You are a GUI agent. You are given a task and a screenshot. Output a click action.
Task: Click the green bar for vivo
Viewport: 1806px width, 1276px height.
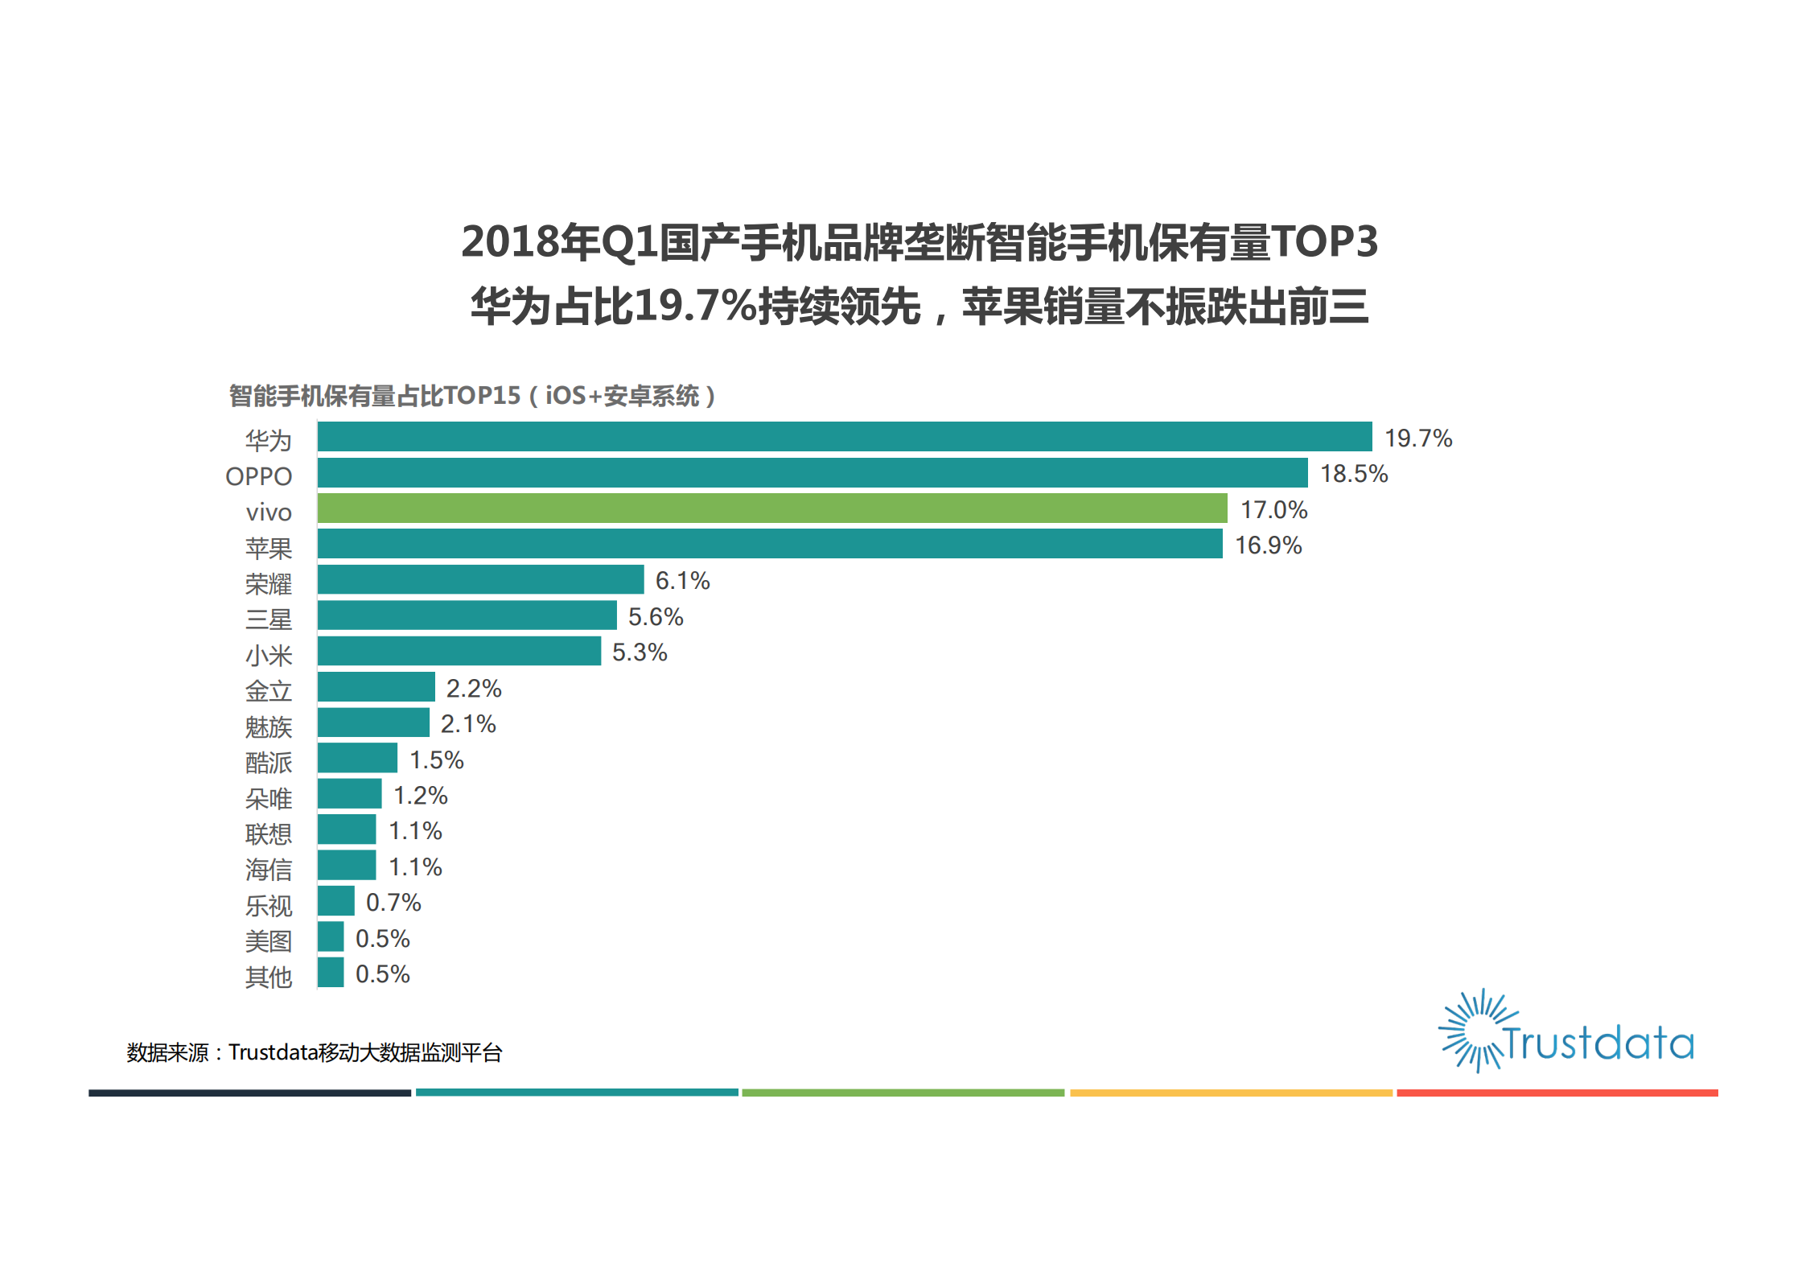tap(772, 508)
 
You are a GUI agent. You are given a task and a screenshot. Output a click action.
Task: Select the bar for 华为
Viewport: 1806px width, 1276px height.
tap(845, 437)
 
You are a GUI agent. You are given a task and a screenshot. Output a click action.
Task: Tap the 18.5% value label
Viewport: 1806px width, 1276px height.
tap(1354, 474)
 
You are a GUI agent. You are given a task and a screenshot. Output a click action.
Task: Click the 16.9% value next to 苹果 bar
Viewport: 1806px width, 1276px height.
tap(1268, 545)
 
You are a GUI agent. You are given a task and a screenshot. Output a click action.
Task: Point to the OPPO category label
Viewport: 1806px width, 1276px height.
tap(258, 476)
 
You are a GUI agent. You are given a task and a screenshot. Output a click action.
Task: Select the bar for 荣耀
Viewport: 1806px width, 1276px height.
tap(480, 579)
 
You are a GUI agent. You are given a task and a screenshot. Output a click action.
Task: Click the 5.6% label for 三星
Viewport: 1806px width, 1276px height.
tap(656, 617)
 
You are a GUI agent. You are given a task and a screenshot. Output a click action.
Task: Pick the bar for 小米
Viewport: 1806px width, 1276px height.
tap(459, 651)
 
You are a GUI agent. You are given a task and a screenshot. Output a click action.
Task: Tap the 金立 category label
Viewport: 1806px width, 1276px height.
tap(269, 691)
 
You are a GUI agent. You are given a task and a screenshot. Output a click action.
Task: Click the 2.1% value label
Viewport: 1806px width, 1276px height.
tap(468, 724)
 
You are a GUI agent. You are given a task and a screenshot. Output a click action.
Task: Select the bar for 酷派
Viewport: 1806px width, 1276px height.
tap(357, 758)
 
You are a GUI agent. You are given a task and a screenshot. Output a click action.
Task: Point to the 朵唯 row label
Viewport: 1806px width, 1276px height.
tap(269, 799)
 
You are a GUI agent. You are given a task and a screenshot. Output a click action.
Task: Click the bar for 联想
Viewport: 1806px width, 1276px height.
tap(347, 829)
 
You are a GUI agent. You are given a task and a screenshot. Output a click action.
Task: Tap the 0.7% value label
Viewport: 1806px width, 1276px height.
tap(393, 903)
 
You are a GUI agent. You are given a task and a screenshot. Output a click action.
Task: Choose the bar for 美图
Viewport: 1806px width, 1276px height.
tap(331, 937)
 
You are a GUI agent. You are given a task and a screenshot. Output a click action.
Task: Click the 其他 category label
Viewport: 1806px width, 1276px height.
tap(269, 978)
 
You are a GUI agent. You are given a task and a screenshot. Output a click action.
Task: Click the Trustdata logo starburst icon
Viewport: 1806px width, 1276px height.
tap(1471, 1031)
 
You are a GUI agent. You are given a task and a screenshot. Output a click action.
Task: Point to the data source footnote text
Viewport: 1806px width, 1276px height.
tap(314, 1052)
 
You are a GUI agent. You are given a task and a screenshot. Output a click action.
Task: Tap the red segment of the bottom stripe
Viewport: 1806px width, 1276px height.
tap(1557, 1093)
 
